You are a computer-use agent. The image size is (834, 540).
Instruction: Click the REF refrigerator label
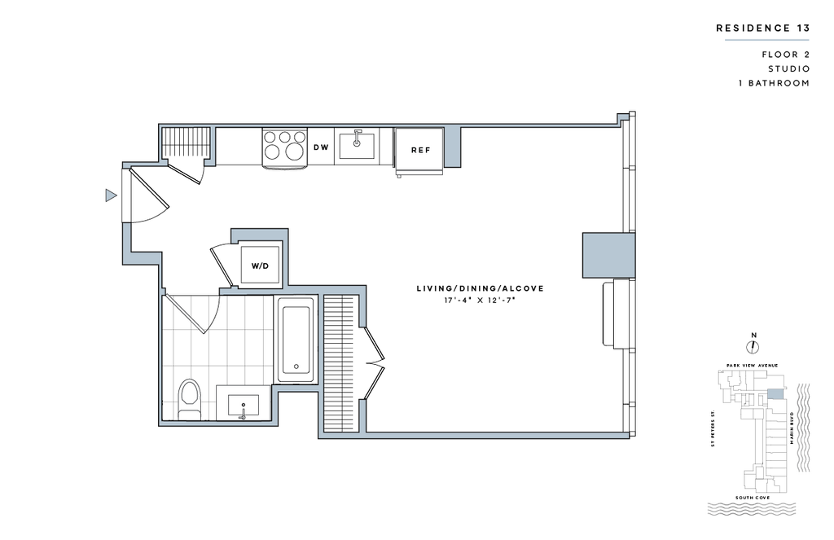click(x=420, y=151)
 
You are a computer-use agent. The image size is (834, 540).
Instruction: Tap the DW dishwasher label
click(x=321, y=147)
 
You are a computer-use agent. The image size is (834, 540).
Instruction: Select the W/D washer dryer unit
click(x=260, y=265)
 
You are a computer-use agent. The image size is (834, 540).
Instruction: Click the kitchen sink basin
click(x=357, y=146)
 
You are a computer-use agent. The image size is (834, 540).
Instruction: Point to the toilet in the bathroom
click(x=189, y=400)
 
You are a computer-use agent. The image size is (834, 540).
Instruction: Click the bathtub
click(x=296, y=339)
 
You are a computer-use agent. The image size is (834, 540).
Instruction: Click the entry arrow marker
click(x=111, y=195)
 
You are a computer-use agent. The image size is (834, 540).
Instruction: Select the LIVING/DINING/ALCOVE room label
click(x=480, y=289)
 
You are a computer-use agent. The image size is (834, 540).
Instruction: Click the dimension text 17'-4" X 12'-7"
click(x=481, y=301)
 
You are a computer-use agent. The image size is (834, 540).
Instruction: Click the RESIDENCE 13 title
click(x=762, y=29)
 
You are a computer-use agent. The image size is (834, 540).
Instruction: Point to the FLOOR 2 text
click(x=786, y=55)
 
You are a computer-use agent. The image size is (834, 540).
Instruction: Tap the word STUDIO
click(x=788, y=68)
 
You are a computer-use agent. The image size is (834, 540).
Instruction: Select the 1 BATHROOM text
click(x=774, y=83)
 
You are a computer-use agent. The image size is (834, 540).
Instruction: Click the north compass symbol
click(x=753, y=347)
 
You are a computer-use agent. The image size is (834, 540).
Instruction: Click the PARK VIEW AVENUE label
click(x=752, y=366)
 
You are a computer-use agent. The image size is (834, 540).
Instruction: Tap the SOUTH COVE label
click(x=752, y=498)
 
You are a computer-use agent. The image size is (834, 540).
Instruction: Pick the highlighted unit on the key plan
click(x=776, y=393)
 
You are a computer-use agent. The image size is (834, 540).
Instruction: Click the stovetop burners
click(x=285, y=145)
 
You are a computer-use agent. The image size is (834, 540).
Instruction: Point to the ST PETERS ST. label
click(x=713, y=428)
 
